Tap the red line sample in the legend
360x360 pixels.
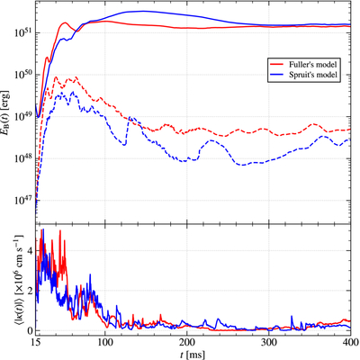[276, 65]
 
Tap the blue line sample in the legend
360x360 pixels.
[276, 75]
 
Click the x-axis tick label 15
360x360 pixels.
[36, 343]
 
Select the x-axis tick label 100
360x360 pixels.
[104, 343]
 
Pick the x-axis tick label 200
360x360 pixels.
[186, 343]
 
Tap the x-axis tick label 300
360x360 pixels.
[269, 343]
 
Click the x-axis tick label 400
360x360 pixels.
[351, 343]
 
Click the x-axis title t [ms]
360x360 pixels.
[193, 355]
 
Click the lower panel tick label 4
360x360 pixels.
[30, 250]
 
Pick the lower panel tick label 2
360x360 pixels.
[30, 291]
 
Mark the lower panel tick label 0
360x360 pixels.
[30, 330]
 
